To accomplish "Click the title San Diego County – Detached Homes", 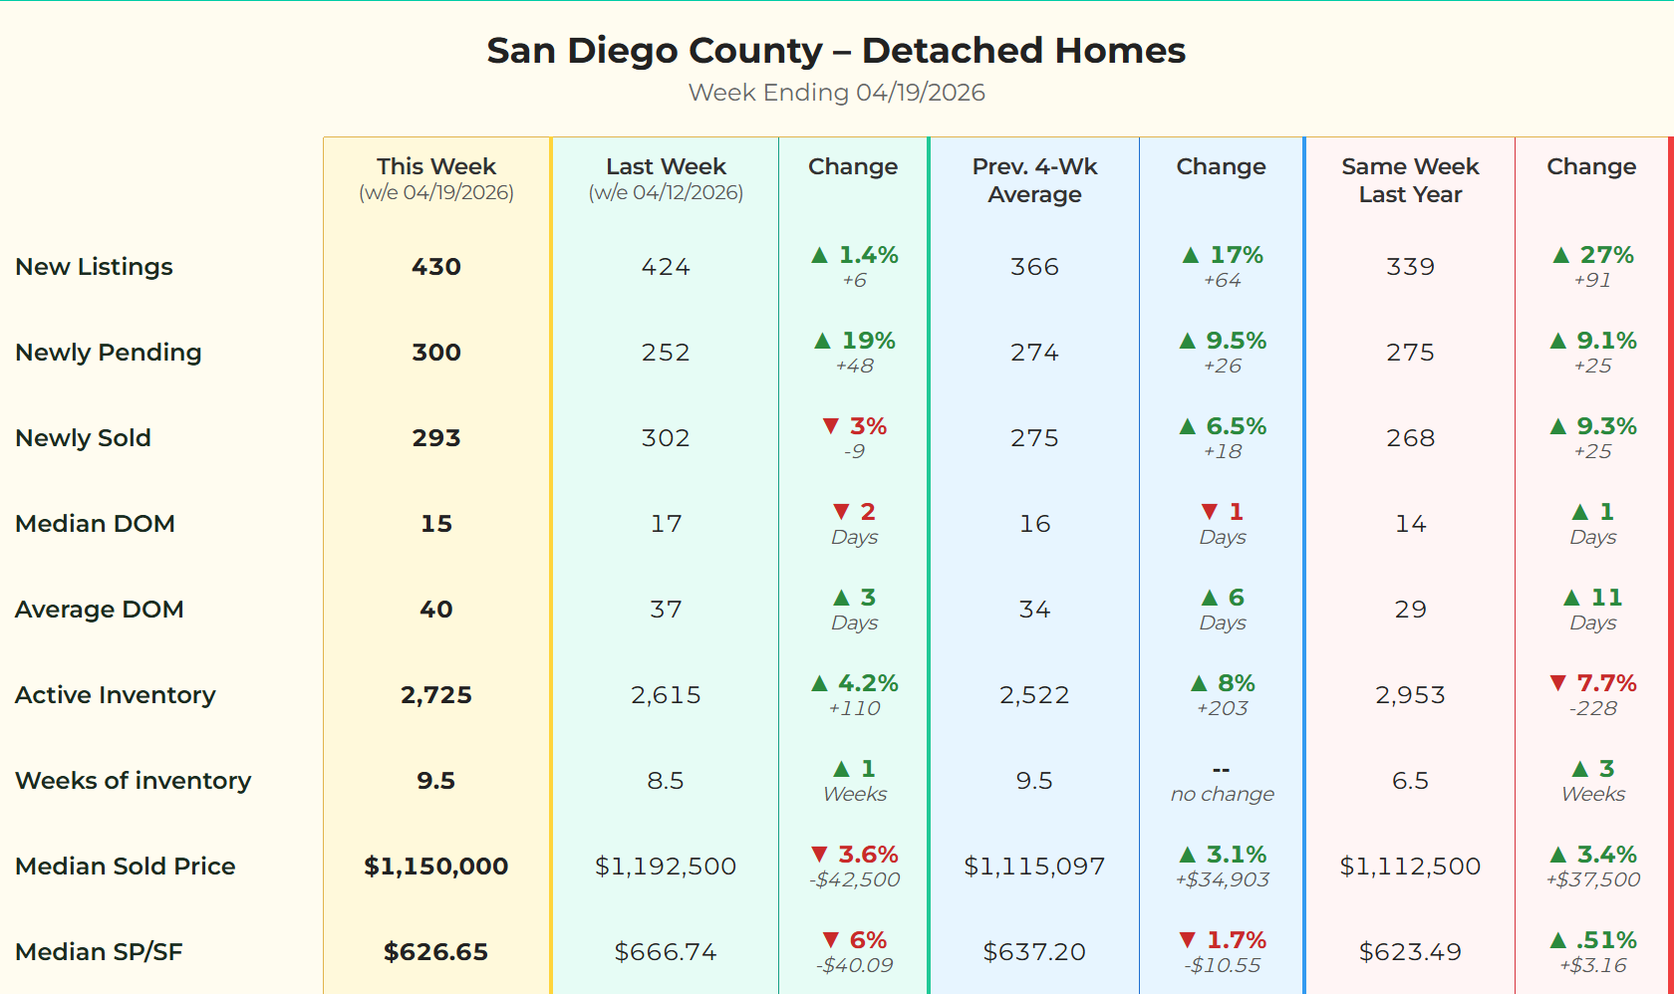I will [836, 51].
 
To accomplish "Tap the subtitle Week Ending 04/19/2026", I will [836, 93].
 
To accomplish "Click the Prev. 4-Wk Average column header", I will [1034, 180].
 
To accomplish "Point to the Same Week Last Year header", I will [1410, 180].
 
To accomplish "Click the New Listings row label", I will [95, 267].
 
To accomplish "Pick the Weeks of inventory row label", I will [134, 781].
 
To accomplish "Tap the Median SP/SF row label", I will [100, 952].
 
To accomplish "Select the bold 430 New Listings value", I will [436, 267].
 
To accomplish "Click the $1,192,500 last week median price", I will [666, 867].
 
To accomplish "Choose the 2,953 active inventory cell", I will [1410, 695].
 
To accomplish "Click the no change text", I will [1222, 794].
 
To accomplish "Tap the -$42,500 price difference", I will [854, 879].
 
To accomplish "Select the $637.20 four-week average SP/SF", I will [1034, 952].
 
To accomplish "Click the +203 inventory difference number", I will [1222, 708].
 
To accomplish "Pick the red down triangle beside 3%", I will [831, 426].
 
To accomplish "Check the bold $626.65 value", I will [436, 952].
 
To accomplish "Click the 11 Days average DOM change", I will [1593, 609].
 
